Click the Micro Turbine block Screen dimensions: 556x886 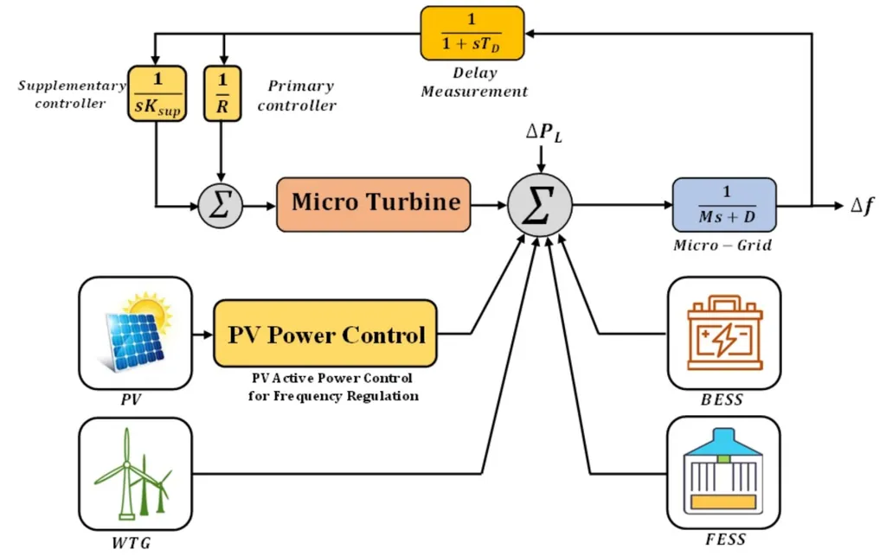pyautogui.click(x=374, y=204)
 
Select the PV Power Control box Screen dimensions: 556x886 pyautogui.click(x=325, y=334)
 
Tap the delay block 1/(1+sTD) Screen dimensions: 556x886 pyautogui.click(x=472, y=33)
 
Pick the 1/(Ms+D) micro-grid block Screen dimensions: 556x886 pyautogui.click(x=724, y=205)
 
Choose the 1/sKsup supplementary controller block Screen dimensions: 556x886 pyautogui.click(x=156, y=93)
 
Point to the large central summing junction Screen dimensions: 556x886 pyautogui.click(x=539, y=207)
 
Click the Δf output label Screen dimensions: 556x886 pyautogui.click(x=862, y=207)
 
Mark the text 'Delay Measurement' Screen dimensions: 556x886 pyautogui.click(x=474, y=82)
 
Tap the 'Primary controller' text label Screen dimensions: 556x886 pyautogui.click(x=300, y=95)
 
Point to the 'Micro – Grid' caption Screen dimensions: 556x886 pyautogui.click(x=722, y=246)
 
